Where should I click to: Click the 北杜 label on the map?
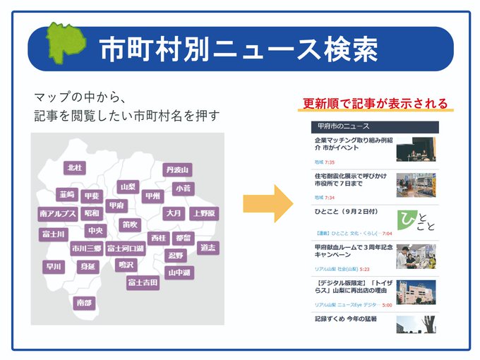tap(74, 168)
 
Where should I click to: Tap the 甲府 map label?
tap(116, 205)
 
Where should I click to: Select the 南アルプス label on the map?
tap(58, 213)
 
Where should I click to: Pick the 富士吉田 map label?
tap(143, 283)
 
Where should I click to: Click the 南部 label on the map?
tap(83, 303)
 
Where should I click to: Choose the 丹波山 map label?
tap(177, 169)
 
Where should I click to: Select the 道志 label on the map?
tap(208, 248)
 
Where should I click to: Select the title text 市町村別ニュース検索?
tap(238, 49)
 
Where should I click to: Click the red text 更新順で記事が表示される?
tap(375, 103)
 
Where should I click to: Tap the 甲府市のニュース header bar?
tap(375, 127)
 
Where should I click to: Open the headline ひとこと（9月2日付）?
tap(348, 212)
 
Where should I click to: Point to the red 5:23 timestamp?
tap(364, 269)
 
